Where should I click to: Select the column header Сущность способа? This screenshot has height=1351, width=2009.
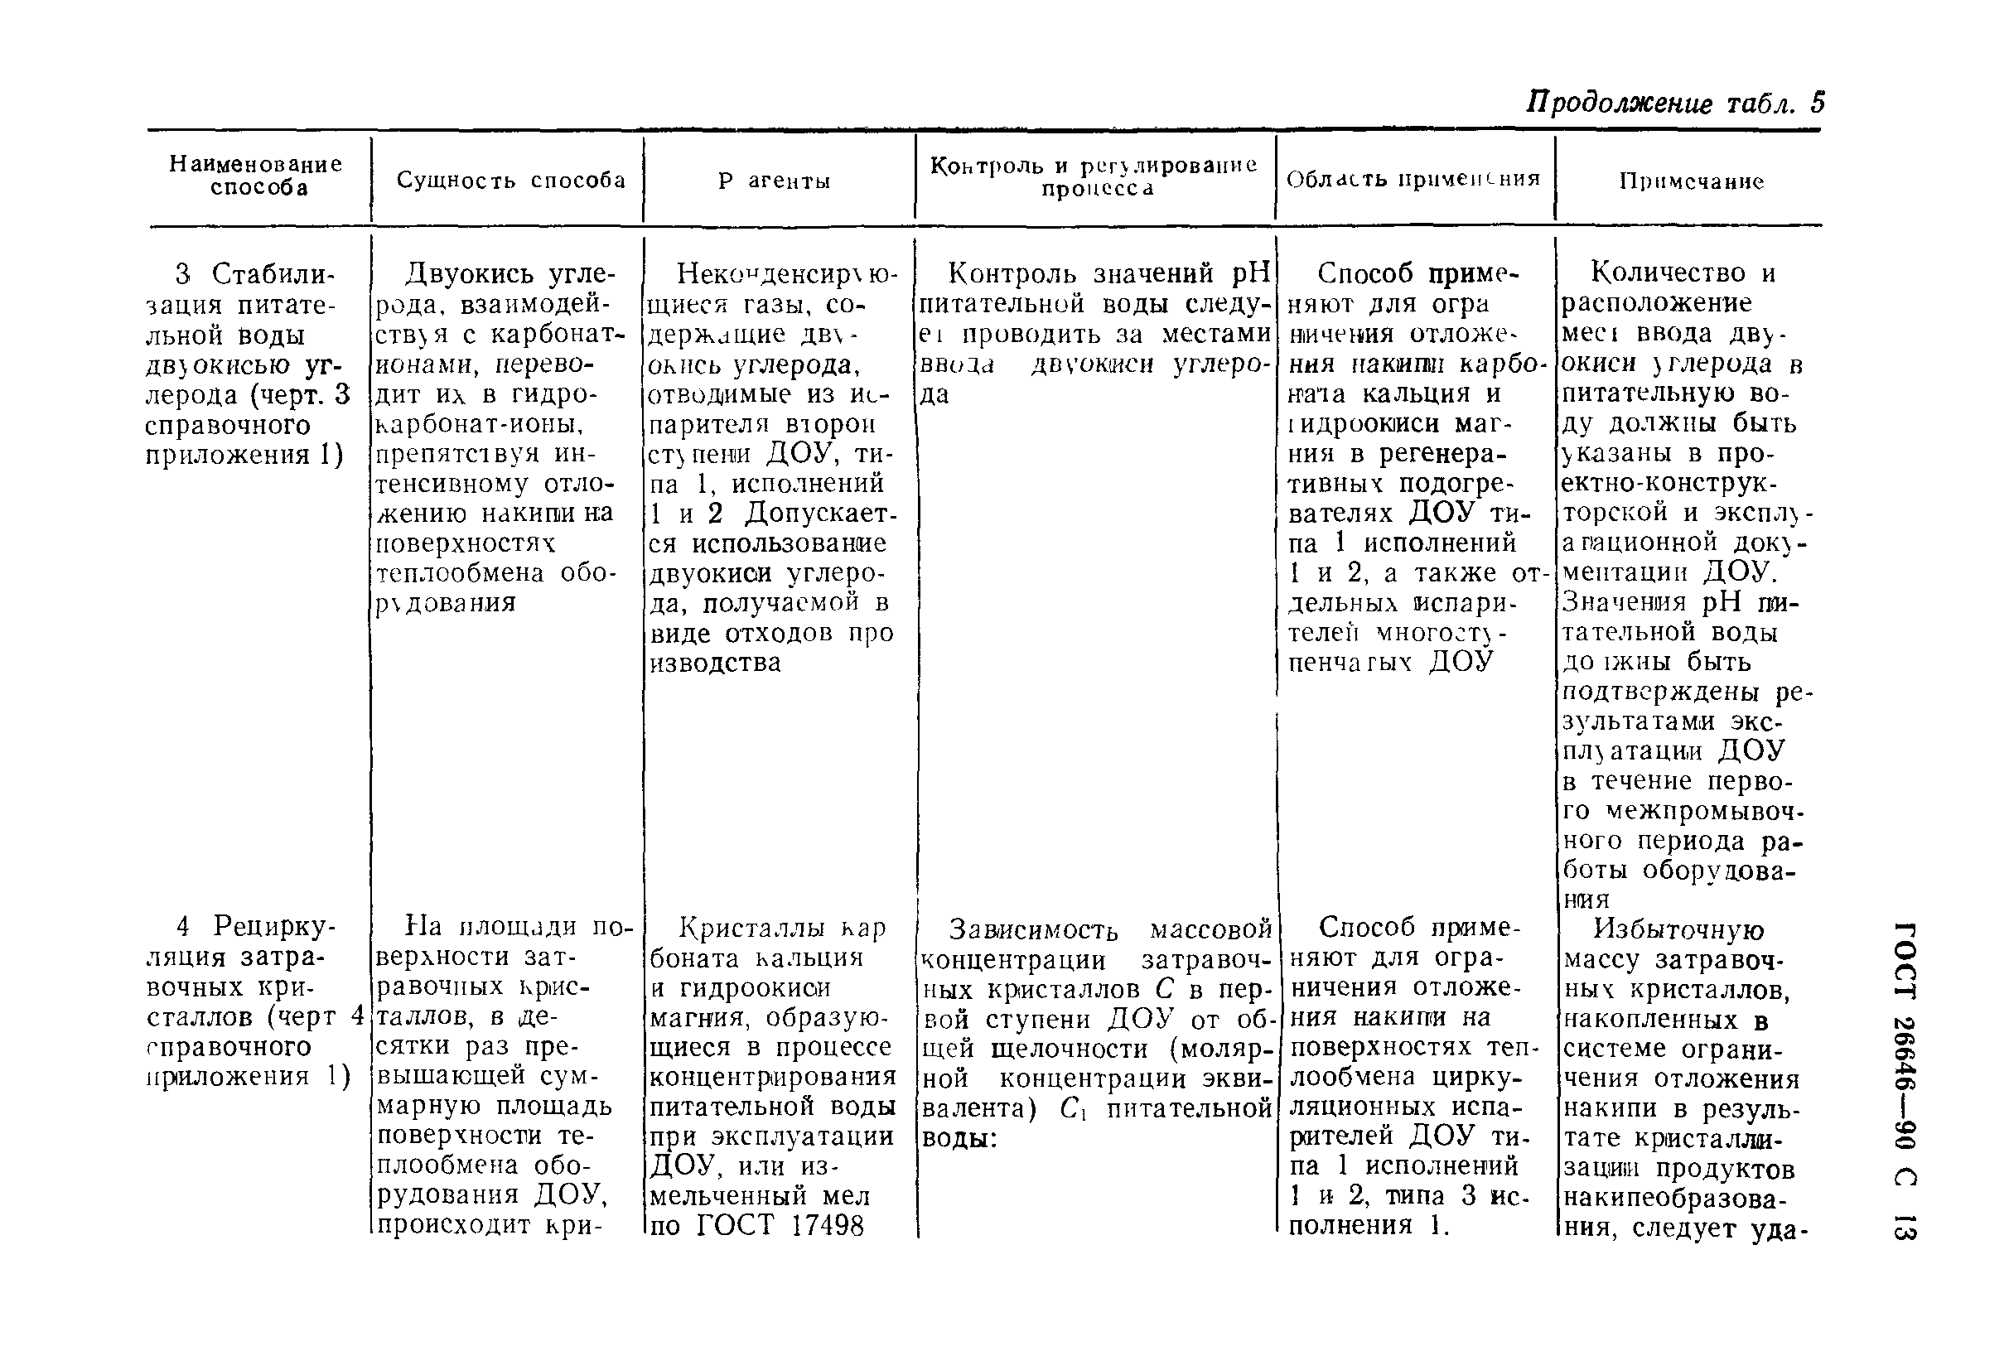click(511, 180)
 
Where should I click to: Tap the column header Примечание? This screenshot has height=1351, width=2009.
click(1691, 181)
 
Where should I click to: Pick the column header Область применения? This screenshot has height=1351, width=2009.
click(1413, 179)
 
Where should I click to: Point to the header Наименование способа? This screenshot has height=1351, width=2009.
click(256, 176)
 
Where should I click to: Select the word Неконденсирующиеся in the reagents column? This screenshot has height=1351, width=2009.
click(786, 274)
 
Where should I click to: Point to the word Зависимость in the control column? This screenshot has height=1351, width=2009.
click(1033, 929)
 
